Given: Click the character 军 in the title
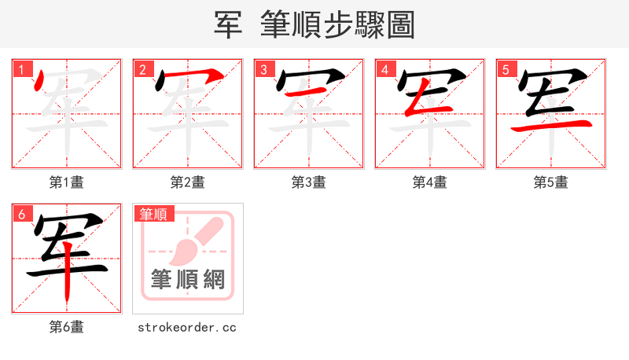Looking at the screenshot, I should click(228, 24).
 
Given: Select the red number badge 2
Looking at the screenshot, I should click(143, 69).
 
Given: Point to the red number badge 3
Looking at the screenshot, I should click(264, 69).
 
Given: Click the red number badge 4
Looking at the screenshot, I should click(385, 69).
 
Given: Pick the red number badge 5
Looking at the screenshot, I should click(506, 69).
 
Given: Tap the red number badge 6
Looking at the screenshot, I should click(23, 214).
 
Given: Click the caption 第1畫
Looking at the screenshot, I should click(67, 182).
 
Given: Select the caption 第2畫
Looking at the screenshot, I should click(188, 182).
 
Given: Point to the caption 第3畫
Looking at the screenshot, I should click(309, 182).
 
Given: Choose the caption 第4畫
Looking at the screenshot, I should click(430, 182).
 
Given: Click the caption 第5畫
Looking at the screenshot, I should click(551, 182).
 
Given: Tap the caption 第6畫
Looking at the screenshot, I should click(67, 327).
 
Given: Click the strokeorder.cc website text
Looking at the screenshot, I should click(187, 327).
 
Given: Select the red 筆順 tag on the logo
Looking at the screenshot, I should click(153, 214).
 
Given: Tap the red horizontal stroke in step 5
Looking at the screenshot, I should click(550, 123).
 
